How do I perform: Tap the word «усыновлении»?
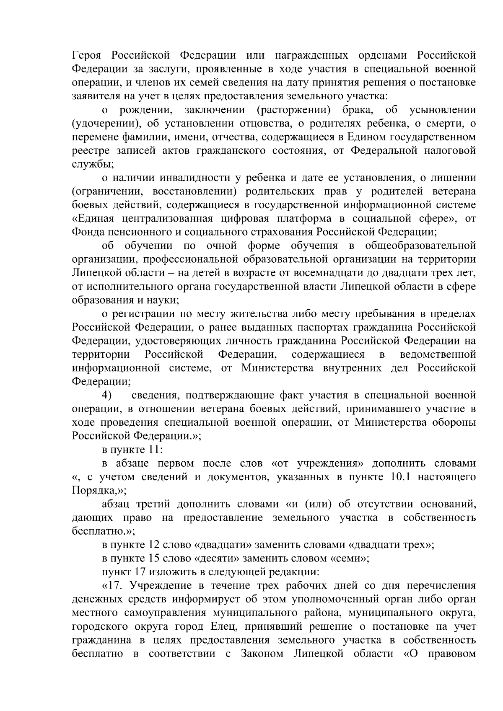[445, 110]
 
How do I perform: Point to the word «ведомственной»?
[438, 354]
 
